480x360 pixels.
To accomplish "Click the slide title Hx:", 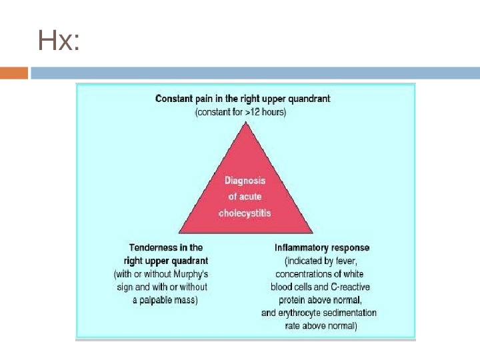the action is click(x=59, y=41).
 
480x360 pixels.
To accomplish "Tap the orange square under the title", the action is click(x=14, y=73).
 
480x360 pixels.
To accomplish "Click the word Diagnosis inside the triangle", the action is click(x=245, y=181).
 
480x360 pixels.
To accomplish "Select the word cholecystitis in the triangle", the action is click(x=245, y=213).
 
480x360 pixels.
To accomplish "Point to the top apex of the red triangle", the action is click(x=245, y=124).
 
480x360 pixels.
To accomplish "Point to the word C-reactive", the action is click(x=351, y=287).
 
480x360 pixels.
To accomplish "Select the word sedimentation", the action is click(x=352, y=313).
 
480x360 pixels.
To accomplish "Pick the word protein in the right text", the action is click(x=293, y=300).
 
